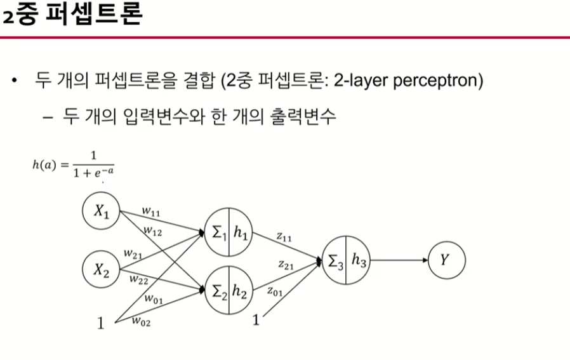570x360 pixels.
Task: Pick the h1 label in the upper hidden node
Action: pyautogui.click(x=241, y=233)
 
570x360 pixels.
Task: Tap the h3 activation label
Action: pyautogui.click(x=359, y=261)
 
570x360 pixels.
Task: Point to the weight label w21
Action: pyautogui.click(x=133, y=253)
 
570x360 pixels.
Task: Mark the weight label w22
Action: pyautogui.click(x=139, y=279)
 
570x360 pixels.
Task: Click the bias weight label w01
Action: pyautogui.click(x=153, y=298)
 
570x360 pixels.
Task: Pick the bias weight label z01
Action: pyautogui.click(x=275, y=291)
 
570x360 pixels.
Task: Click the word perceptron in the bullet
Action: pyautogui.click(x=435, y=81)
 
